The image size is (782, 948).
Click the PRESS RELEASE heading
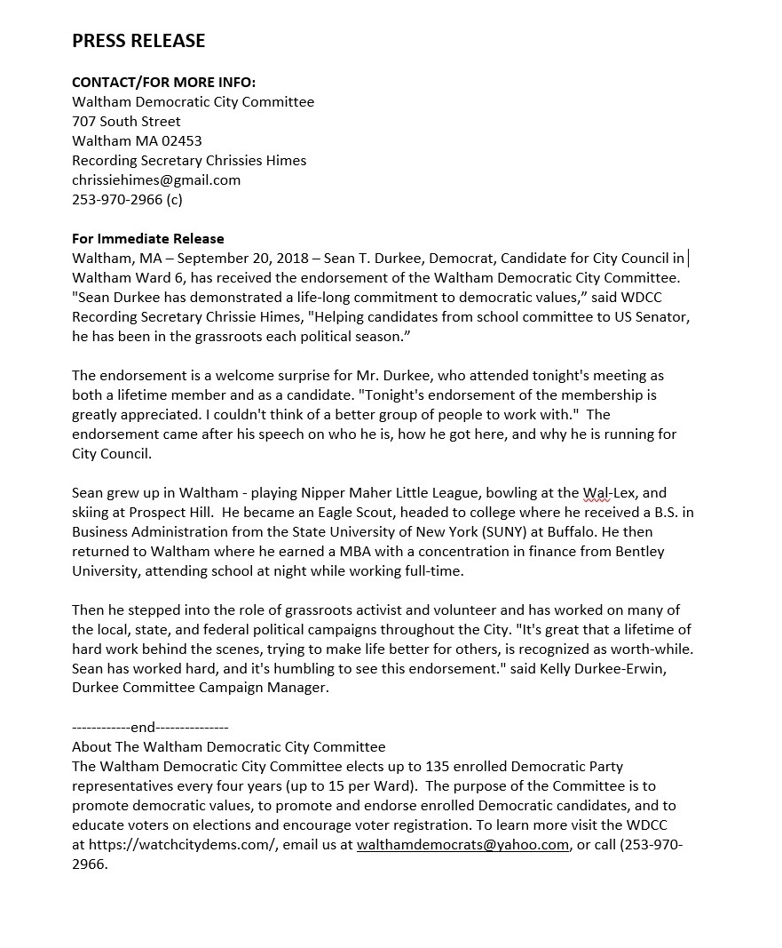click(138, 41)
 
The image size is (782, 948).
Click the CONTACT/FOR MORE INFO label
click(163, 83)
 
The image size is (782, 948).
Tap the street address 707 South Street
click(126, 122)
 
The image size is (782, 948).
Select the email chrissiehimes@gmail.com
click(156, 180)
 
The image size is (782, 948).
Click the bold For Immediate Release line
click(148, 239)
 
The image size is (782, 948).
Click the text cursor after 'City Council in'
click(689, 259)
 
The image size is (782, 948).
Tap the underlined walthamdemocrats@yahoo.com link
click(462, 845)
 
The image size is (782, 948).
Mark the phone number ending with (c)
click(127, 200)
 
